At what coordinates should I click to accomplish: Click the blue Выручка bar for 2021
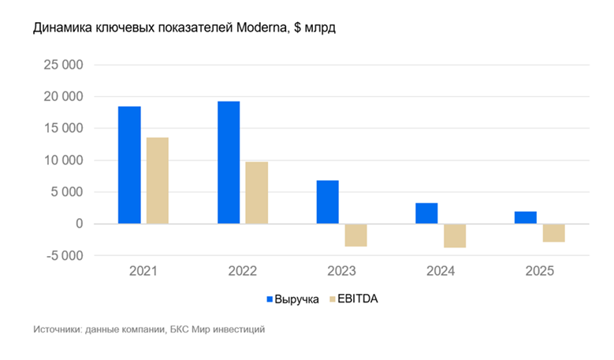[x=129, y=165]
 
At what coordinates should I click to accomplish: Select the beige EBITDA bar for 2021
[x=158, y=181]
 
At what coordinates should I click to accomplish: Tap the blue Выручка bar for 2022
[x=229, y=163]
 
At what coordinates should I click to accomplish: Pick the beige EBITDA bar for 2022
[x=257, y=193]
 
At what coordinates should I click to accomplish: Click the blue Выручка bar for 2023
[x=328, y=202]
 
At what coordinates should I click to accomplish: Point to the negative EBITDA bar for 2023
[x=355, y=236]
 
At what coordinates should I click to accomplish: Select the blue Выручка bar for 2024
[x=426, y=213]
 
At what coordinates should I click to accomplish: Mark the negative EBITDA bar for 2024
[x=455, y=236]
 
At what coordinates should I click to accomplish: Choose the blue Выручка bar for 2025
[x=526, y=217]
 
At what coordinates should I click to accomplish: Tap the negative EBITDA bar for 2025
[x=554, y=233]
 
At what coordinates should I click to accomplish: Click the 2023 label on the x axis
[x=341, y=271]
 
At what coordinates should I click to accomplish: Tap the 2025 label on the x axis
[x=540, y=271]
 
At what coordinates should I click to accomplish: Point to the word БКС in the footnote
[x=181, y=329]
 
